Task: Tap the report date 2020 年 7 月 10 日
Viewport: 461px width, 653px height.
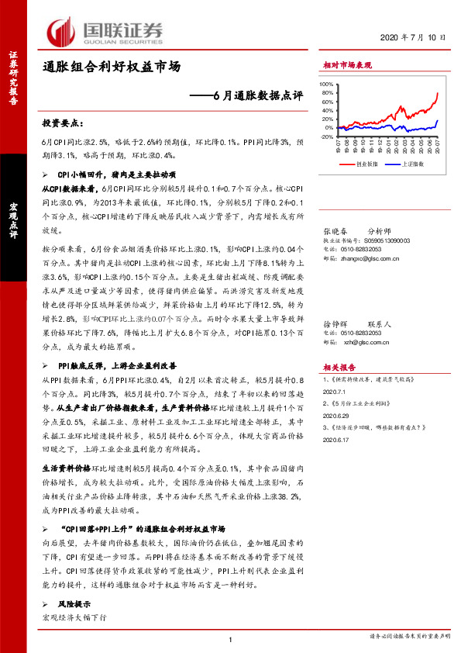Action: click(414, 37)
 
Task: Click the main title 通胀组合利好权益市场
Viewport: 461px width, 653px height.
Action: click(112, 67)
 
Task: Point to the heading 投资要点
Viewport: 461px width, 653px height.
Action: click(62, 123)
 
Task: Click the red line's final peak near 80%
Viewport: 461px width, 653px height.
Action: click(437, 93)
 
